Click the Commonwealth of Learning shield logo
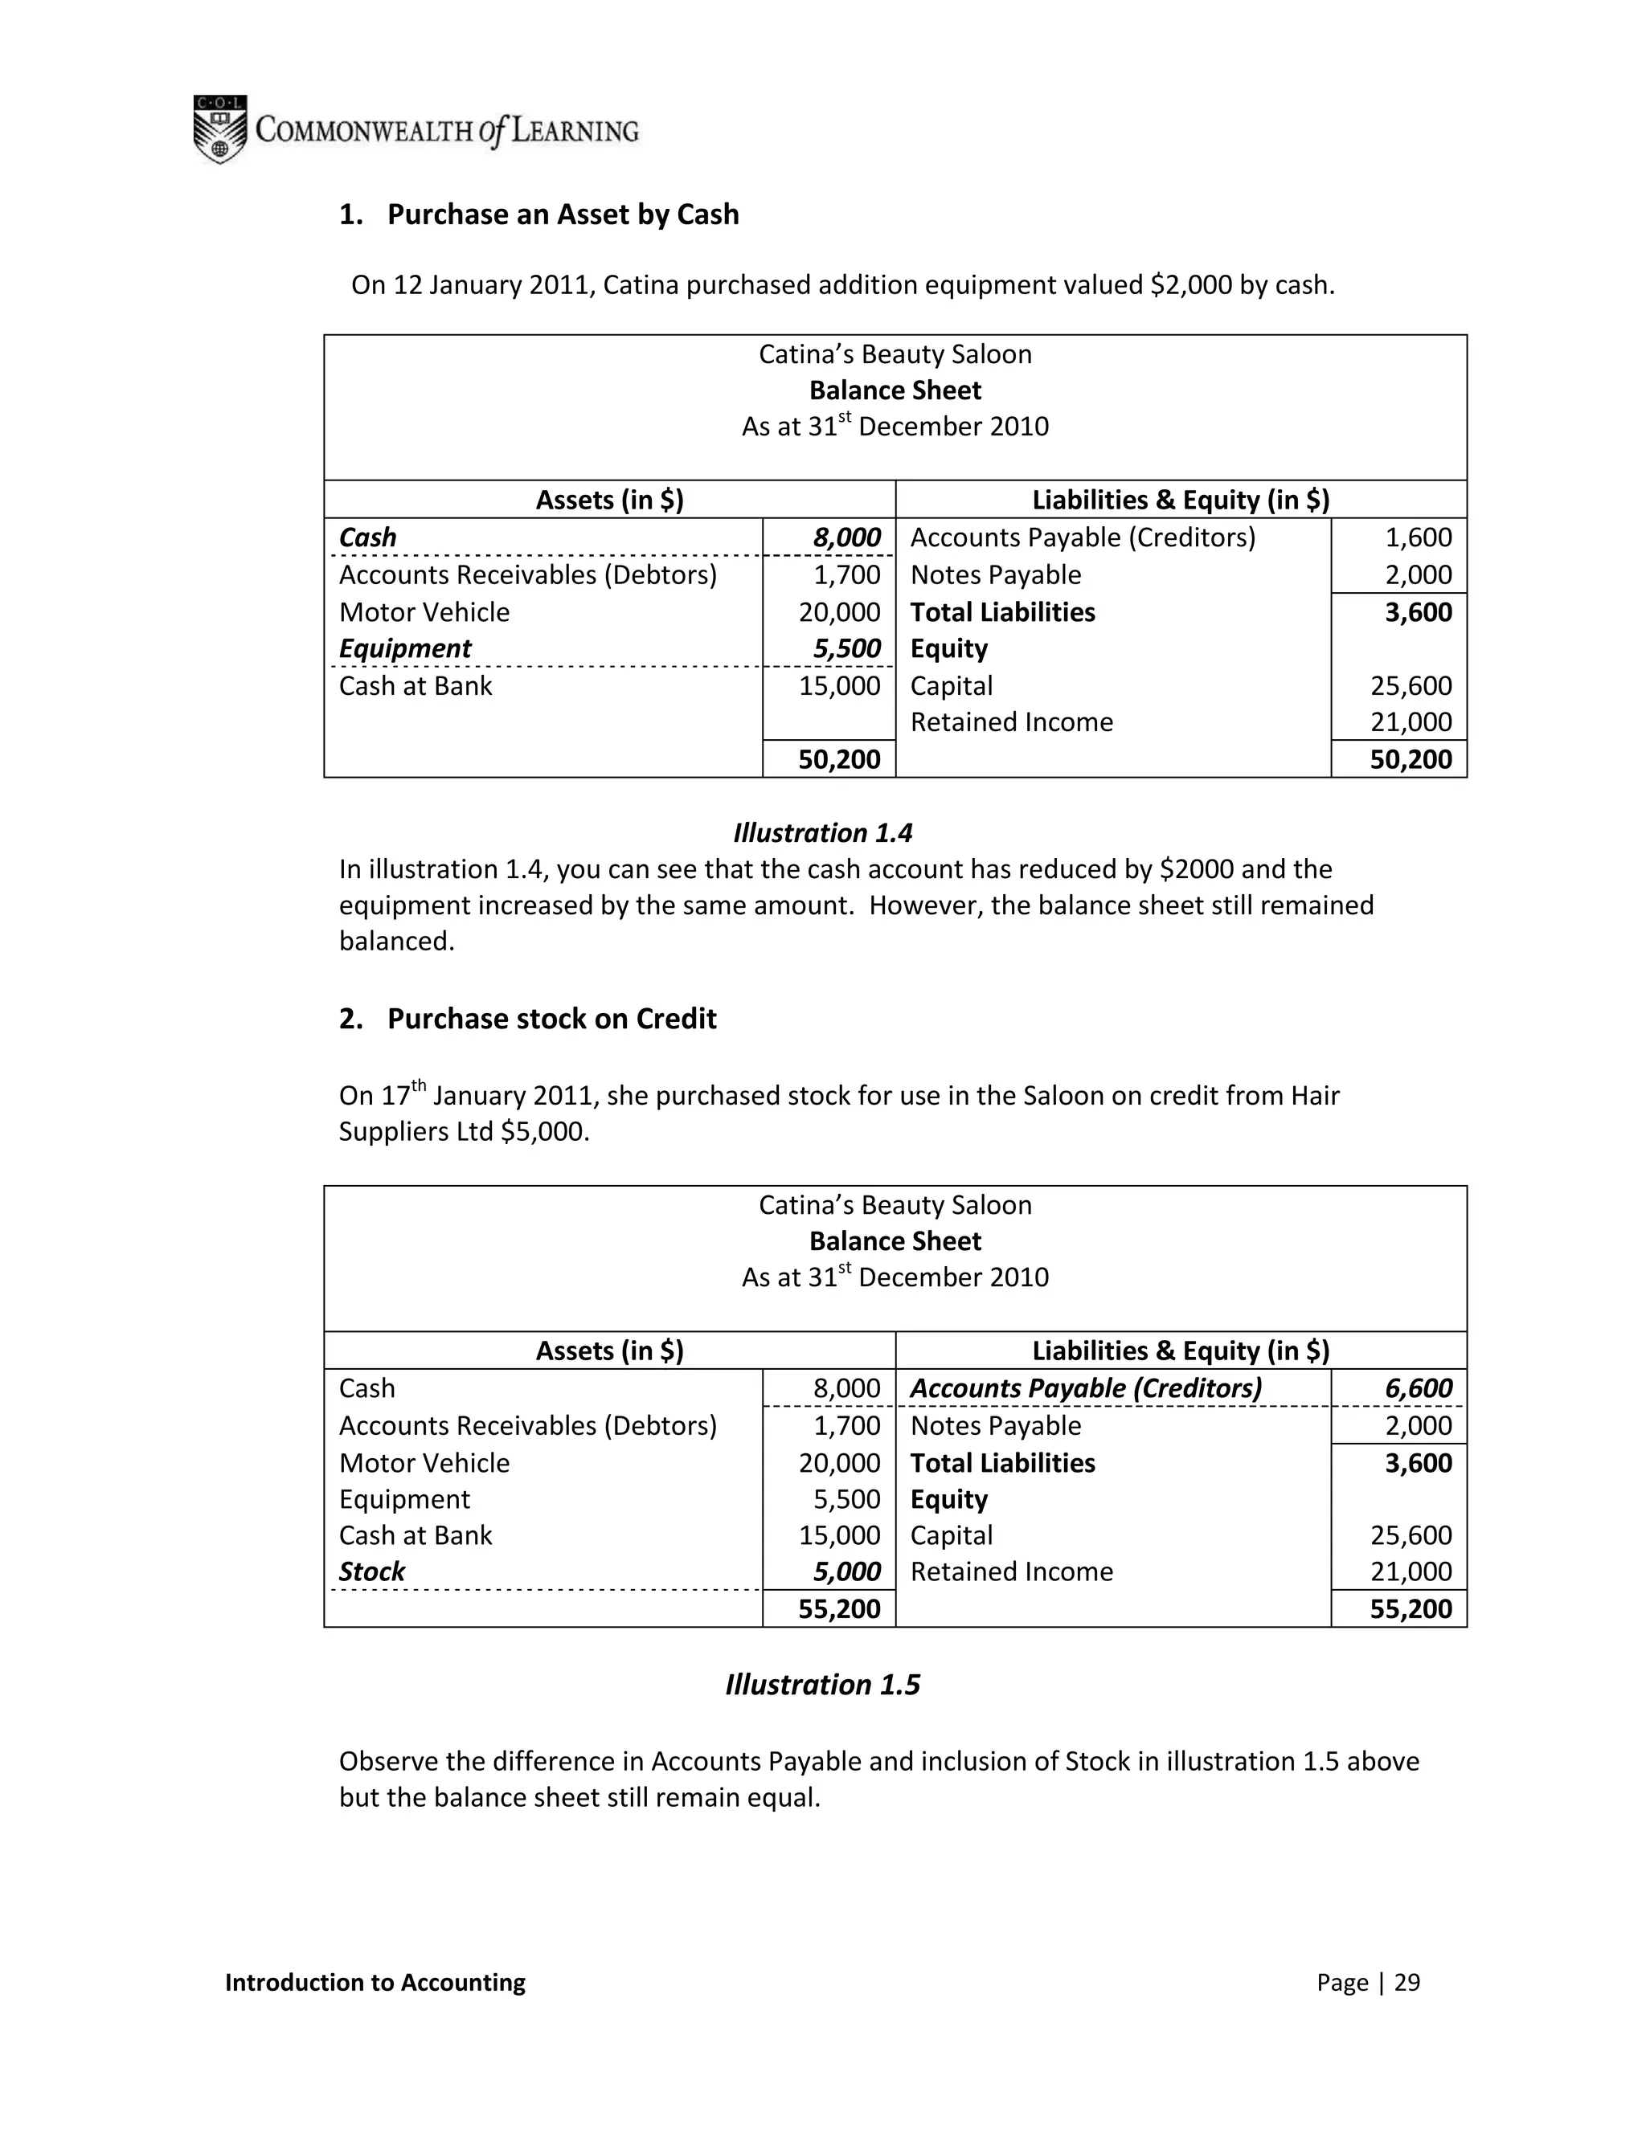click(x=219, y=129)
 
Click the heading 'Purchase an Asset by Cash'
click(x=563, y=215)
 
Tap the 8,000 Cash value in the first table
click(x=846, y=538)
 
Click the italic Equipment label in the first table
click(x=405, y=649)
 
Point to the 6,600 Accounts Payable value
click(x=1418, y=1388)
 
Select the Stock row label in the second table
click(x=371, y=1571)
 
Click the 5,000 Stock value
click(x=846, y=1571)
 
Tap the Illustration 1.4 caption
click(x=822, y=832)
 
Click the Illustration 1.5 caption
click(x=822, y=1686)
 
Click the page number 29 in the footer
click(x=1406, y=1983)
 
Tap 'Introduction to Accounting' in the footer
click(x=375, y=1983)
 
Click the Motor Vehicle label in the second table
click(x=424, y=1463)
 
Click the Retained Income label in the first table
click(x=1011, y=722)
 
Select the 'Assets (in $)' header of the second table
click(x=609, y=1351)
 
